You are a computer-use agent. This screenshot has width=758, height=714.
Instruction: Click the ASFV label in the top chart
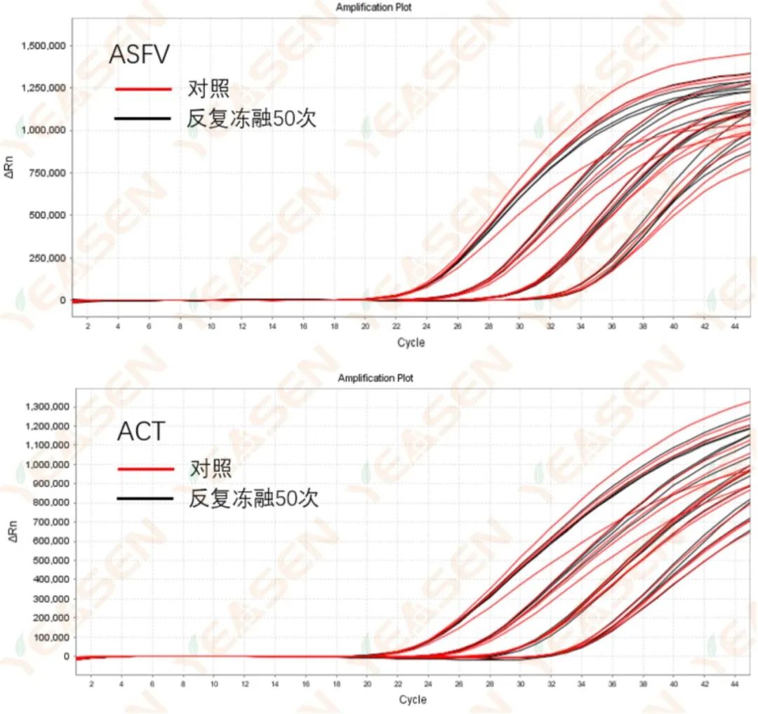(139, 54)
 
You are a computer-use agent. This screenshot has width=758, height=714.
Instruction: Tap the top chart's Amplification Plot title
(373, 8)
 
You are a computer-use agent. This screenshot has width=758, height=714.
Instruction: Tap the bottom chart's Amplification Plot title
(375, 378)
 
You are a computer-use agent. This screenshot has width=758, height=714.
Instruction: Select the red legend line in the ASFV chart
(143, 89)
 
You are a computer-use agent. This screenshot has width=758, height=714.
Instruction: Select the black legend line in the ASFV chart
(143, 118)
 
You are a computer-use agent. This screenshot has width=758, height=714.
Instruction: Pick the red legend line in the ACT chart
(146, 469)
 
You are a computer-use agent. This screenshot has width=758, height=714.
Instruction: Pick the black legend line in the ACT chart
(146, 498)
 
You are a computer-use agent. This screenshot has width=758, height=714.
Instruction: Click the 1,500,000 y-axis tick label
(44, 46)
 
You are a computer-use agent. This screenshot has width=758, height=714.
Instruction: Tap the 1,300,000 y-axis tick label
(48, 407)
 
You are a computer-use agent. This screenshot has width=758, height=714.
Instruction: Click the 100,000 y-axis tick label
(51, 638)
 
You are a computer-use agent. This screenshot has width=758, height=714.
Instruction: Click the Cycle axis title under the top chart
(411, 343)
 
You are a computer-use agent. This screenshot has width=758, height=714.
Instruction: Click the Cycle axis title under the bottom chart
(413, 699)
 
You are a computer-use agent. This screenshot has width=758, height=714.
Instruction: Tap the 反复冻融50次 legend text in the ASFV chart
(251, 118)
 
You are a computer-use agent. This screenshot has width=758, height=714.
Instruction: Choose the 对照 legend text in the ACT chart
(211, 469)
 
